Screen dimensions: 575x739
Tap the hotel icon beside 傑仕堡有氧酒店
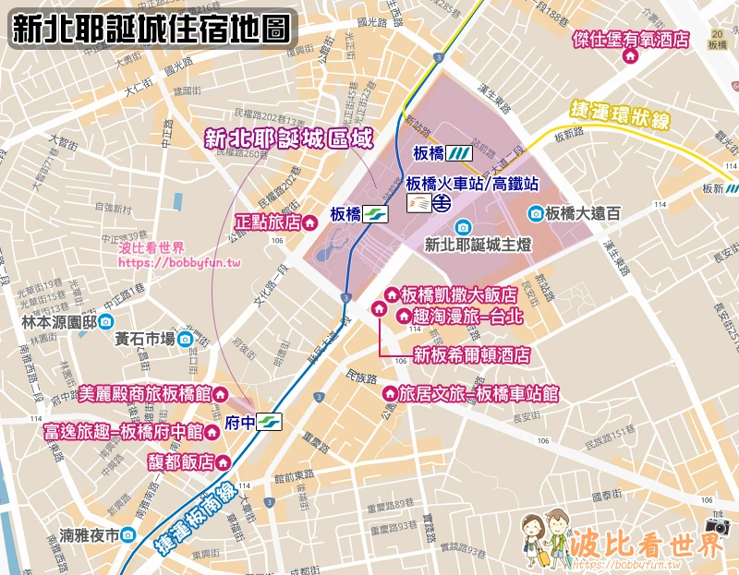click(632, 56)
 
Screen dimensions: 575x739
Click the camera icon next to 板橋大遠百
click(535, 214)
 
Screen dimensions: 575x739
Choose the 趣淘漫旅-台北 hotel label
click(468, 317)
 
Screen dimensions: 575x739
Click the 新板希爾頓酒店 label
click(470, 354)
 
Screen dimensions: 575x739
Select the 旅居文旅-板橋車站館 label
click(479, 394)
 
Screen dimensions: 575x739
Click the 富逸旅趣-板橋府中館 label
click(123, 431)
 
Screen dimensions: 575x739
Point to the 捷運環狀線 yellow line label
click(619, 118)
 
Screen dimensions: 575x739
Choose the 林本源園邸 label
click(58, 322)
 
